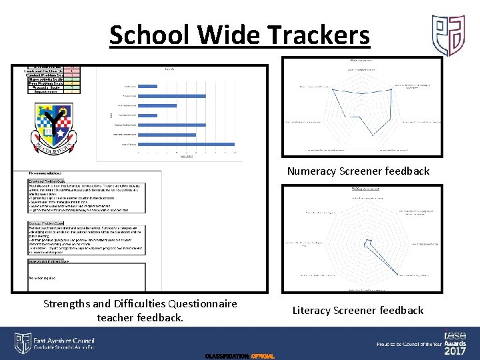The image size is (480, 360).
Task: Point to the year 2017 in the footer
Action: (455, 351)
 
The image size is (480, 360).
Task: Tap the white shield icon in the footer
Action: (23, 343)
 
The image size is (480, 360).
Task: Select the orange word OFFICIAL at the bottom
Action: (261, 357)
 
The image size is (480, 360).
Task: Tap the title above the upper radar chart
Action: (361, 61)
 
